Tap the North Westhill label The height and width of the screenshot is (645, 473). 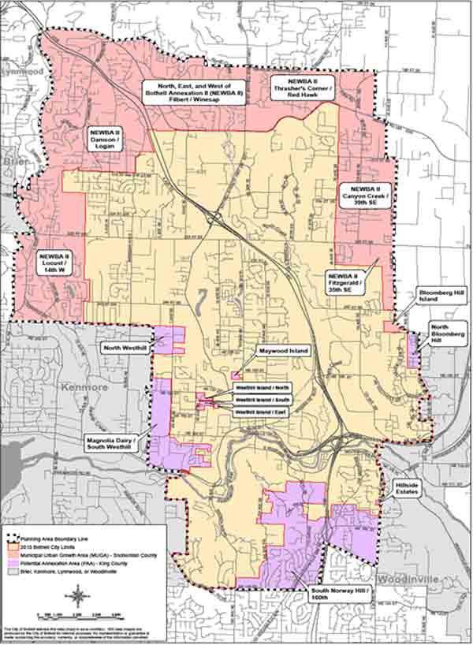125,346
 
